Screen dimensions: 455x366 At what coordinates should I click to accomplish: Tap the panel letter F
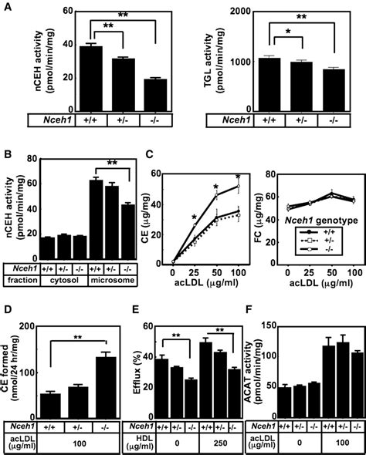point(250,318)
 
